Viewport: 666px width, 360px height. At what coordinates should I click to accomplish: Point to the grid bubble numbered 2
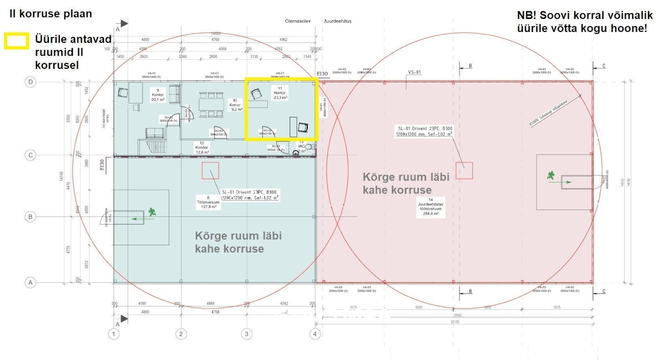point(180,334)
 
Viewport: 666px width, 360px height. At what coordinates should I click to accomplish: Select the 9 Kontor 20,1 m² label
point(157,95)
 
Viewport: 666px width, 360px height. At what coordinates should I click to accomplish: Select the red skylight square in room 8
point(210,171)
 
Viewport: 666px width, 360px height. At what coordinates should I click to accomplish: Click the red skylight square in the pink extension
point(464,171)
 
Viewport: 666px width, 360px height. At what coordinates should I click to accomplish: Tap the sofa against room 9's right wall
point(174,94)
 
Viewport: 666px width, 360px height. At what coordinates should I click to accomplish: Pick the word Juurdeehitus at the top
point(337,21)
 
